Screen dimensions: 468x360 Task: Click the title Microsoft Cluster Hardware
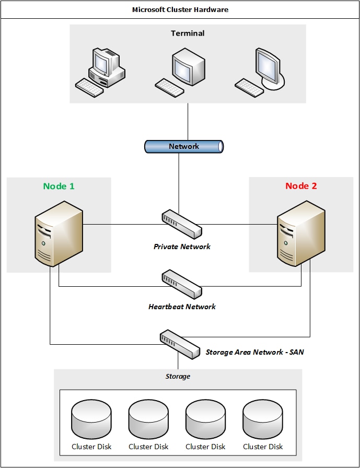pos(180,9)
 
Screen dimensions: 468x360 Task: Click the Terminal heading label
pos(188,33)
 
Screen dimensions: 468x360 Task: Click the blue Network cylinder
pos(184,147)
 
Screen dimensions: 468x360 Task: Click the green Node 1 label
pos(59,186)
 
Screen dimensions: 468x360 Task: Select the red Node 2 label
pos(301,186)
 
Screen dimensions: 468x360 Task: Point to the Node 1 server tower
pos(59,233)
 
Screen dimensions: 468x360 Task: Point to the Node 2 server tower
pos(301,233)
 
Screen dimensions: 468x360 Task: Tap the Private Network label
pos(182,247)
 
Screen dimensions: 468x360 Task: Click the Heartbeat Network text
pos(182,307)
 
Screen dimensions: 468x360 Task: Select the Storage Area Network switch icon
pos(179,343)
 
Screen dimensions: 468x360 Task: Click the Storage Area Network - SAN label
pos(254,352)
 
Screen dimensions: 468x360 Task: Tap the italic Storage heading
pos(178,376)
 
